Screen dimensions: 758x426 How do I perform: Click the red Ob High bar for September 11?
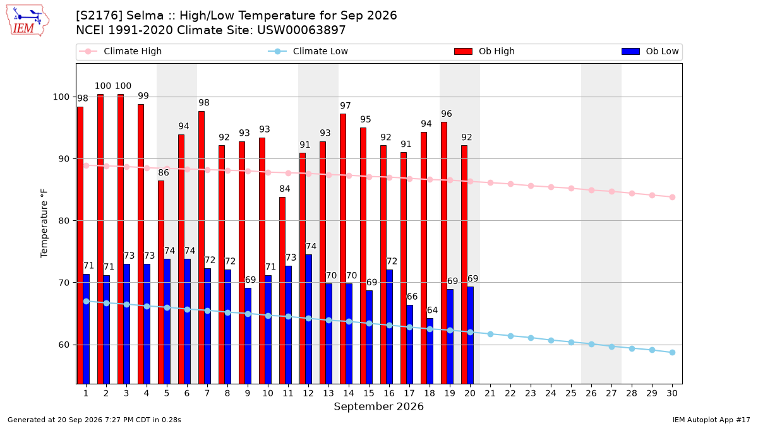(282, 290)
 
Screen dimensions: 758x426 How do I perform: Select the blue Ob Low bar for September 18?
(430, 351)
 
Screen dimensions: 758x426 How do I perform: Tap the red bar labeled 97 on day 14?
(343, 249)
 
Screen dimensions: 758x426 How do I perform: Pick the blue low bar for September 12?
(308, 319)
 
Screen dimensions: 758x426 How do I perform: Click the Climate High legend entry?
(120, 51)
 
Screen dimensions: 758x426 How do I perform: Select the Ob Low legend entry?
(650, 51)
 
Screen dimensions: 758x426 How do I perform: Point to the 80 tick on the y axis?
(64, 221)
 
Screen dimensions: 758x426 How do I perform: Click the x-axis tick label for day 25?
(571, 393)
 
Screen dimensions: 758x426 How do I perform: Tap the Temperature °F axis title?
(44, 223)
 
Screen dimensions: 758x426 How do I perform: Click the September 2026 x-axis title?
(378, 406)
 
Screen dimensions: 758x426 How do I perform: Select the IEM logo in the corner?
(27, 20)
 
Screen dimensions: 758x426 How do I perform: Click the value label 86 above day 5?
(164, 172)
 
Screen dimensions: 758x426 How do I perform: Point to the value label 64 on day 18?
(432, 310)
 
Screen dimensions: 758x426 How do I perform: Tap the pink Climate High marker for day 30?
(672, 197)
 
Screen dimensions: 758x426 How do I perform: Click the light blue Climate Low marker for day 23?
(531, 338)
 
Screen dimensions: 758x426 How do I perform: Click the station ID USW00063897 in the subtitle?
(301, 30)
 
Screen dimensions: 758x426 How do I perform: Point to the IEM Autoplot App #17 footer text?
(711, 420)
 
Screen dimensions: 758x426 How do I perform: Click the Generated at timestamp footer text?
(94, 420)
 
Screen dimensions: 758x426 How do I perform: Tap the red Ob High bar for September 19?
(444, 253)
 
